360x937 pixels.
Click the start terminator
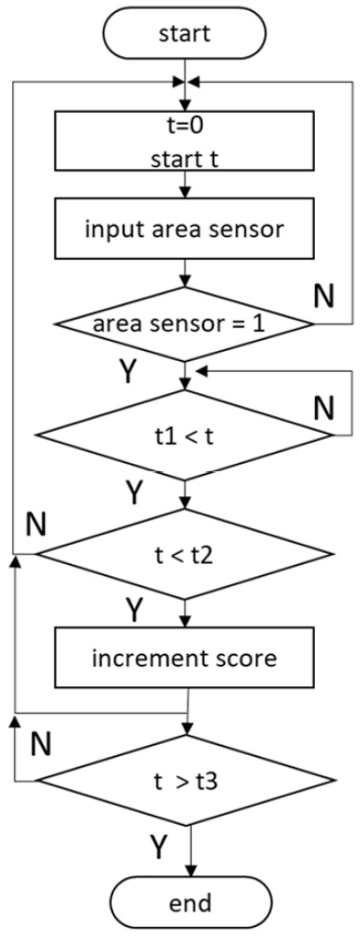187,34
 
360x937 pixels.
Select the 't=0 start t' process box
186,148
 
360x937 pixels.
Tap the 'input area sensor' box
186,228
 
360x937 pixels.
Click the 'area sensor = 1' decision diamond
186,324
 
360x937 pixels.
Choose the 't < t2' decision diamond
186,553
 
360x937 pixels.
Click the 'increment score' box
186,659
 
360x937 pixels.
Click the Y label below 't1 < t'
134,494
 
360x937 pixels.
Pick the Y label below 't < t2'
134,609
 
